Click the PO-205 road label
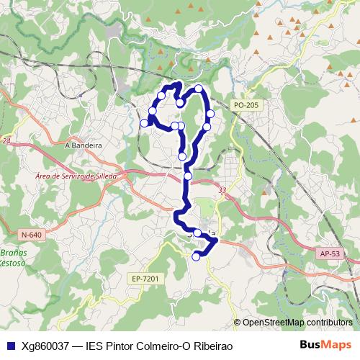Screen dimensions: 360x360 tap(246, 105)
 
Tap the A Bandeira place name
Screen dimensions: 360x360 tap(84, 144)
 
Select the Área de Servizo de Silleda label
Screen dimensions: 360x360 tap(76, 176)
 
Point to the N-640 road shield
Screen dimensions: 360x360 tap(31, 235)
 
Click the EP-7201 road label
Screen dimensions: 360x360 tap(145, 278)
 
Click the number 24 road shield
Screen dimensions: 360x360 tap(6, 141)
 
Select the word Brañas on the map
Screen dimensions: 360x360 tap(12, 253)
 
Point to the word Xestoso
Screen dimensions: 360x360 tap(12, 264)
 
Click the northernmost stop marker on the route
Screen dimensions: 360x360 tap(199, 89)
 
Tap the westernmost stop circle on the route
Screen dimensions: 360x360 tap(144, 123)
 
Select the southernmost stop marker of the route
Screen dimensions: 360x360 tap(197, 256)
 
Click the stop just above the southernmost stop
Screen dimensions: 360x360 tap(197, 233)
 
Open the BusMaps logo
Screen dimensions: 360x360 tap(325, 345)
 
